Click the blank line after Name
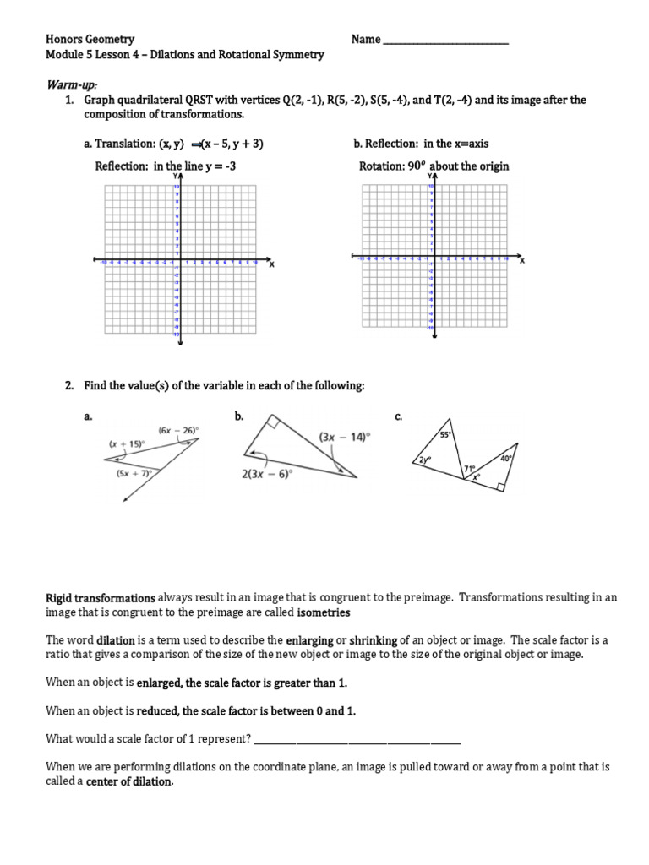(445, 41)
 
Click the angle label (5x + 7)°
(134, 474)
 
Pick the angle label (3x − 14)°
(344, 438)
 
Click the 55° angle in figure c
(445, 434)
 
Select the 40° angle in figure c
(505, 459)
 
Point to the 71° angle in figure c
(468, 467)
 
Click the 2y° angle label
(423, 460)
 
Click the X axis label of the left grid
(271, 265)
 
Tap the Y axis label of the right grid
(432, 176)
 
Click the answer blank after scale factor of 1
(357, 739)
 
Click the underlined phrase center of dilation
(129, 781)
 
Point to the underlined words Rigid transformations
(101, 597)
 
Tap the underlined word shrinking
(374, 640)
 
